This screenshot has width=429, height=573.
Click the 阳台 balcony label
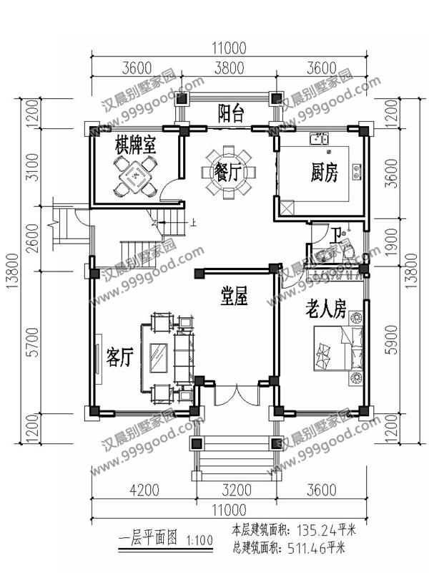point(230,112)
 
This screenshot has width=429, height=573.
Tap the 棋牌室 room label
point(136,146)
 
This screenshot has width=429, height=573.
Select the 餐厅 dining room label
point(230,171)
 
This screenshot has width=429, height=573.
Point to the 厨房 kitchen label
point(324,171)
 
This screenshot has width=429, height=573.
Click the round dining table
point(230,172)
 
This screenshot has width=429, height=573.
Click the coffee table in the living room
point(159,355)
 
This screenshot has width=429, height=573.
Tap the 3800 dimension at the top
point(229,69)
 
